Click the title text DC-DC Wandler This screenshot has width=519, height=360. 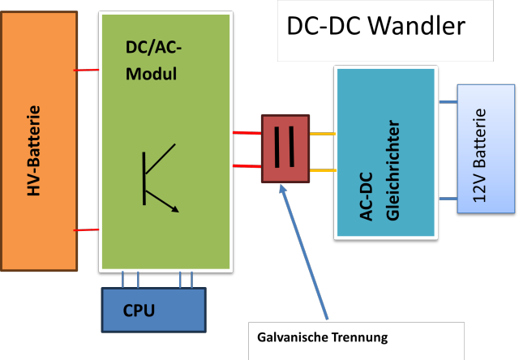pyautogui.click(x=375, y=26)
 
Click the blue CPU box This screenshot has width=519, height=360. pyautogui.click(x=153, y=310)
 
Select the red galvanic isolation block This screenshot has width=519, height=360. pyautogui.click(x=285, y=148)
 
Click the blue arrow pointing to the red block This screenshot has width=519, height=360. pyautogui.click(x=304, y=251)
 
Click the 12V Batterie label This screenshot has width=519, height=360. pyautogui.click(x=480, y=154)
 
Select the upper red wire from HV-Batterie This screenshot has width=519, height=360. pyautogui.click(x=87, y=71)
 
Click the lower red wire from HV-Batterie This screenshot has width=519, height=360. pyautogui.click(x=87, y=230)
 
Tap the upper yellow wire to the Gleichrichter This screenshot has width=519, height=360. pyautogui.click(x=322, y=135)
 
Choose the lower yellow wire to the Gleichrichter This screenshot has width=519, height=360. pyautogui.click(x=322, y=170)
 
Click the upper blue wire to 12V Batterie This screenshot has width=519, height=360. pyautogui.click(x=448, y=102)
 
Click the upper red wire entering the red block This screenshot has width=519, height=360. pyautogui.click(x=247, y=132)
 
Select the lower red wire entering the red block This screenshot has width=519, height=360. pyautogui.click(x=247, y=166)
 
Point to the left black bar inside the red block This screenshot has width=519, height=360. pyautogui.click(x=278, y=148)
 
